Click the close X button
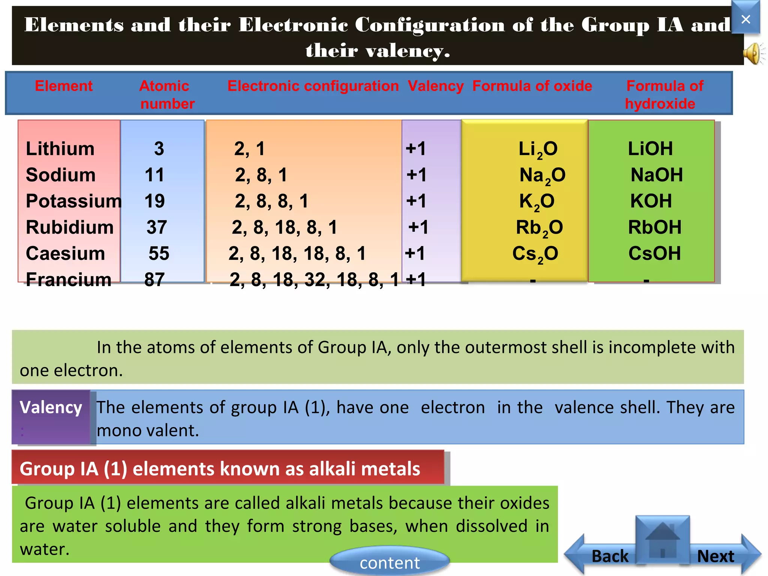click(745, 19)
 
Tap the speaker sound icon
click(753, 53)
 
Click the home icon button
click(663, 540)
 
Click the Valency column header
click(435, 86)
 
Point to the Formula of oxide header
click(532, 86)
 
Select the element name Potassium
click(73, 201)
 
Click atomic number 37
click(156, 227)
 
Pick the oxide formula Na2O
click(542, 175)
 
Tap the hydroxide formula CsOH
click(654, 253)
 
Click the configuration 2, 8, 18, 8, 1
click(284, 227)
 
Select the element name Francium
click(68, 280)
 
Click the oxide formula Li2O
click(538, 149)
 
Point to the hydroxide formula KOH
click(651, 201)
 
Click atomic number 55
click(159, 253)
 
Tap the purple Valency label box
click(51, 417)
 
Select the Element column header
click(63, 86)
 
